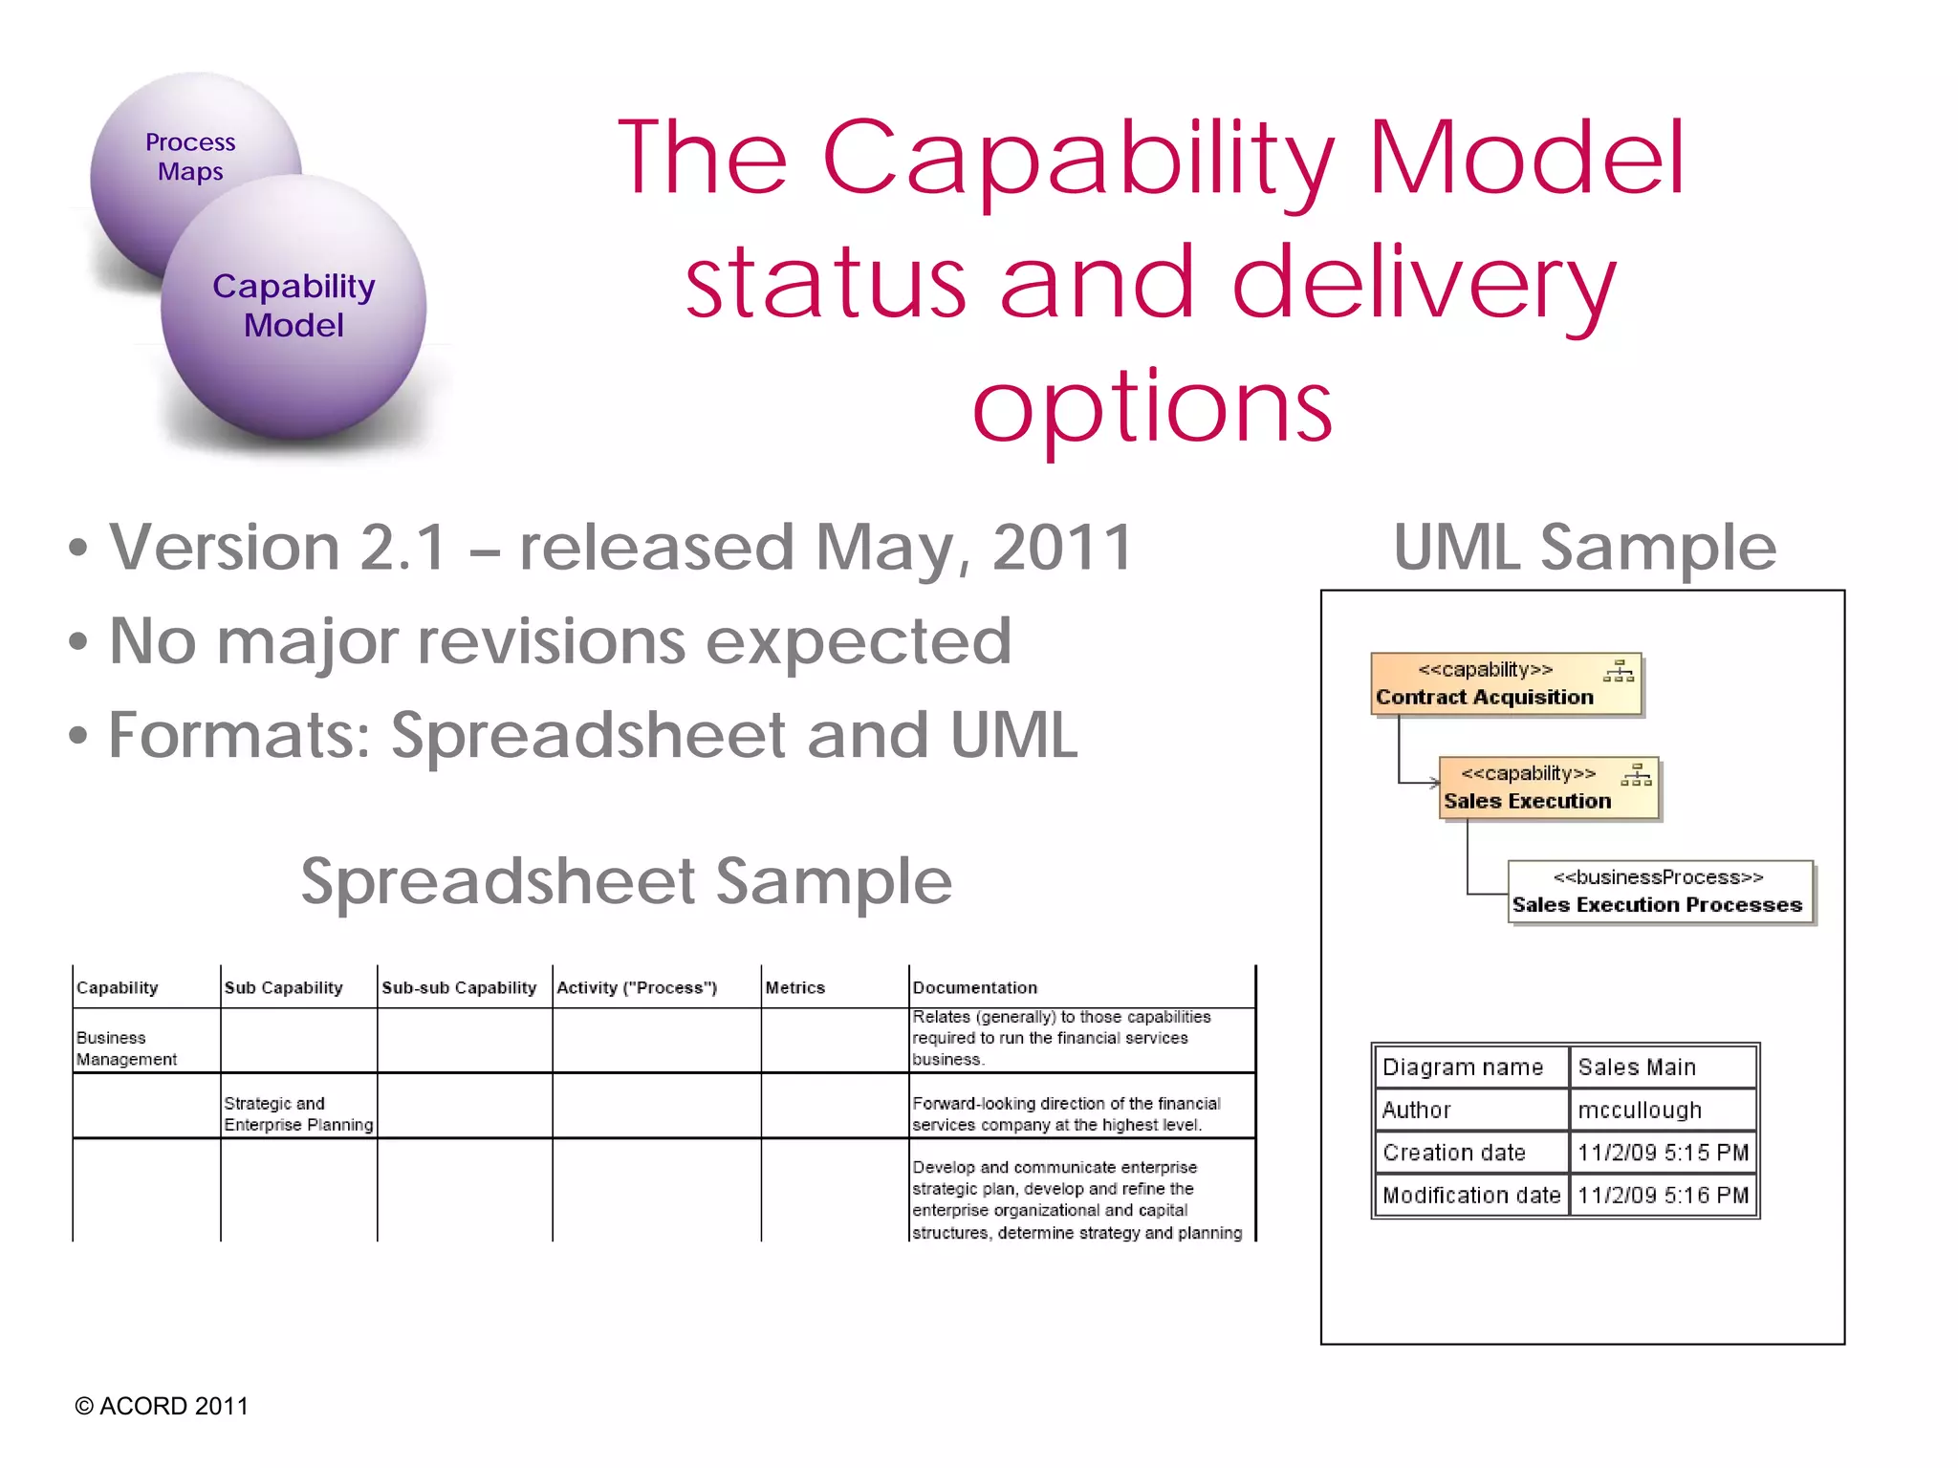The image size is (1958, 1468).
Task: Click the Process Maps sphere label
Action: (190, 157)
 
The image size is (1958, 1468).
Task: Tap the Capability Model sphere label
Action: (294, 305)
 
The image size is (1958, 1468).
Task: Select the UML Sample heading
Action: (1584, 547)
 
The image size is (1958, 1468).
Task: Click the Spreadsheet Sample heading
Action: (626, 880)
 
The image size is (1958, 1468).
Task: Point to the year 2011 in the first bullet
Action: (1062, 547)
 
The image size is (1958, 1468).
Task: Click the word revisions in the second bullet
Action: (553, 640)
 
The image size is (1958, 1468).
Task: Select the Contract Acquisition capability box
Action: (1506, 684)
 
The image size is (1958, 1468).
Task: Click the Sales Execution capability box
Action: (1549, 788)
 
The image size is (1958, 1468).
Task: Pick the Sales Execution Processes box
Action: (1660, 892)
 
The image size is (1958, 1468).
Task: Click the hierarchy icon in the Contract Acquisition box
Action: (1619, 671)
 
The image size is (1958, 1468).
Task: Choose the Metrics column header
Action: (795, 987)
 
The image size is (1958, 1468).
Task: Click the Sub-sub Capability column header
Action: (459, 987)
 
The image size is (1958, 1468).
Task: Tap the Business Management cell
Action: (127, 1048)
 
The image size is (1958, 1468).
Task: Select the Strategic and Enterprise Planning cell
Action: (298, 1113)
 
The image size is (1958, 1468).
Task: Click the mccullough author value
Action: (1640, 1110)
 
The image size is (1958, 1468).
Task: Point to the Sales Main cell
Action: (1637, 1067)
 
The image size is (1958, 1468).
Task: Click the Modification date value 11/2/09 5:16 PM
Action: (1663, 1195)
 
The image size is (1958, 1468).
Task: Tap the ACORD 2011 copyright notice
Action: (162, 1406)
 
